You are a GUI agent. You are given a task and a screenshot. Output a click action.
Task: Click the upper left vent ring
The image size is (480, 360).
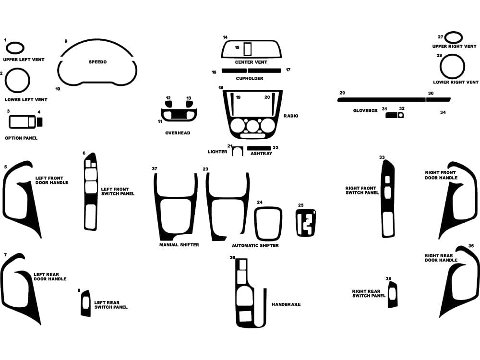click(14, 43)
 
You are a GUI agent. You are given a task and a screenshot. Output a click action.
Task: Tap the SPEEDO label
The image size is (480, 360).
click(97, 62)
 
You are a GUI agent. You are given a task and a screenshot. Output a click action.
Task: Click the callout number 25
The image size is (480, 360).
click(301, 205)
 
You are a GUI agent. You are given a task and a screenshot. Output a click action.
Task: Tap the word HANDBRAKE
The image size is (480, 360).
click(286, 304)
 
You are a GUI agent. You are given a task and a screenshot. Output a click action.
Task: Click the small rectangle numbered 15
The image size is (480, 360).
click(248, 49)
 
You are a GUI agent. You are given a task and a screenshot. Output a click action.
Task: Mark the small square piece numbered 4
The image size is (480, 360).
click(39, 122)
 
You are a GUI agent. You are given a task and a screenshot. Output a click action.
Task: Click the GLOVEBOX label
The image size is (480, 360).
click(365, 110)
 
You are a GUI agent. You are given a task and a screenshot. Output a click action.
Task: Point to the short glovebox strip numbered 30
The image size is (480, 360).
click(439, 100)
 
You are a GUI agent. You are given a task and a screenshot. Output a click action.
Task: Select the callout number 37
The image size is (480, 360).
click(155, 169)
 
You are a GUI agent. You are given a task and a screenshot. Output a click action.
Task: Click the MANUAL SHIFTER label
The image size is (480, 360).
click(179, 245)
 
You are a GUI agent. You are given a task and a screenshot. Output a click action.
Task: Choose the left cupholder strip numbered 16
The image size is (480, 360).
click(234, 71)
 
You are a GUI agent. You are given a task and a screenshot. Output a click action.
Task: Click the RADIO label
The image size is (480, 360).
click(291, 116)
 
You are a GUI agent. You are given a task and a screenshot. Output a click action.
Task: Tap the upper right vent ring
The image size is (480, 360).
click(454, 37)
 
